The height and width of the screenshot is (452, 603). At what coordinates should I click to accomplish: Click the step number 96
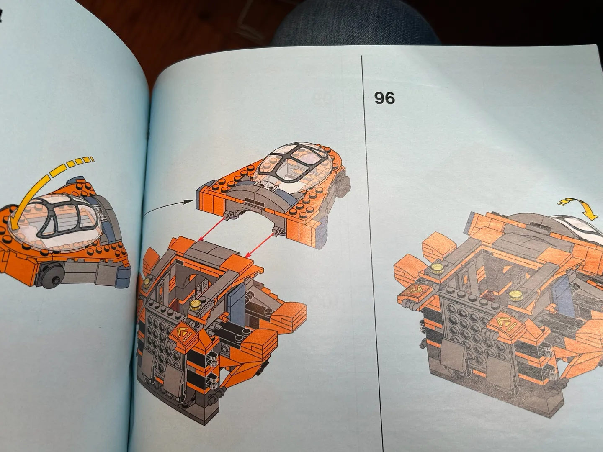[x=384, y=98]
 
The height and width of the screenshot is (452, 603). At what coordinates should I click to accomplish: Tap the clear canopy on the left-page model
[x=56, y=222]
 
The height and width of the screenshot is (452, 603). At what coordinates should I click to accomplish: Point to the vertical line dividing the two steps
[x=372, y=252]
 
